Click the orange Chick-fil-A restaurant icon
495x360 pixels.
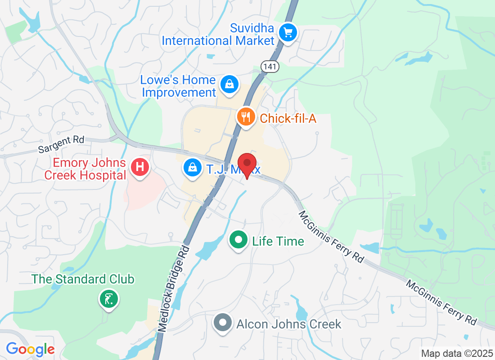(245, 117)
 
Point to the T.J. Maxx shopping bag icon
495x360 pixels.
(193, 168)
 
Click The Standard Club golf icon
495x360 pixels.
(108, 298)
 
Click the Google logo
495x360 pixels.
(31, 349)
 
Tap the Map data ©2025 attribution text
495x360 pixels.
(456, 353)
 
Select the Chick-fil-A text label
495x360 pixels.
(288, 118)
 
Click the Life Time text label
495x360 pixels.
(278, 241)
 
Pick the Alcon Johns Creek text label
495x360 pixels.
(289, 324)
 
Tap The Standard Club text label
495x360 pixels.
(83, 279)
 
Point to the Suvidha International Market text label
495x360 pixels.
(218, 34)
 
